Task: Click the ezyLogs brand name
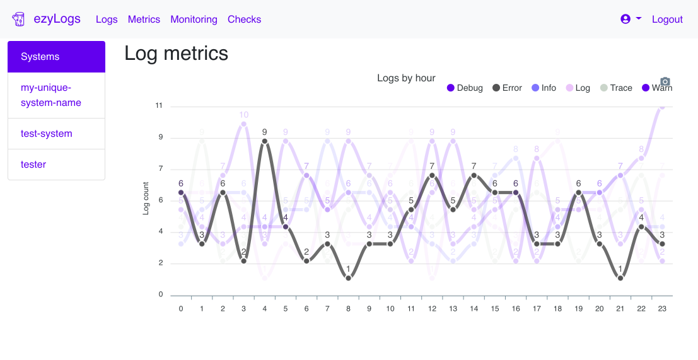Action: pos(57,19)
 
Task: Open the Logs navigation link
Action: pos(107,20)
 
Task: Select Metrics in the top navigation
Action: pos(144,20)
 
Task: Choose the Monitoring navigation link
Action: pos(194,20)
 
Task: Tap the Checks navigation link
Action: pos(244,20)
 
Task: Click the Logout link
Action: pos(667,20)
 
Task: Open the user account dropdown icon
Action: pos(630,19)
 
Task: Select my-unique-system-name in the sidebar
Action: pos(51,95)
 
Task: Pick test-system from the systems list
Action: pos(47,134)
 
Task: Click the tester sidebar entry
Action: pos(33,165)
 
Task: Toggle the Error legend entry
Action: pos(507,88)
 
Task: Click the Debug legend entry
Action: pos(465,88)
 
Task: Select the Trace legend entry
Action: pos(615,88)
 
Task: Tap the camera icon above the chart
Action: pos(665,81)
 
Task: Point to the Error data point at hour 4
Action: pos(265,141)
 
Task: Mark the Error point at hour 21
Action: pos(620,278)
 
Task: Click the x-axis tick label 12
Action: pos(432,309)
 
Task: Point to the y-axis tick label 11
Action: pos(158,106)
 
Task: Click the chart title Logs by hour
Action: pos(406,78)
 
